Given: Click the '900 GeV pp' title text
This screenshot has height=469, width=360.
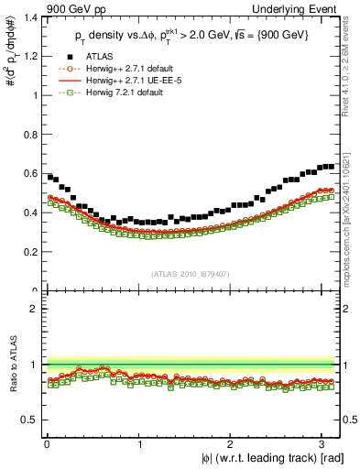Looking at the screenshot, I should point(65,8).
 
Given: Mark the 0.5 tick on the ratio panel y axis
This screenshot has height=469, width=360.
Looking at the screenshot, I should point(29,420).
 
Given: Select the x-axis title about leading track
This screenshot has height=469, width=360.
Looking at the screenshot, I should point(271,458).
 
